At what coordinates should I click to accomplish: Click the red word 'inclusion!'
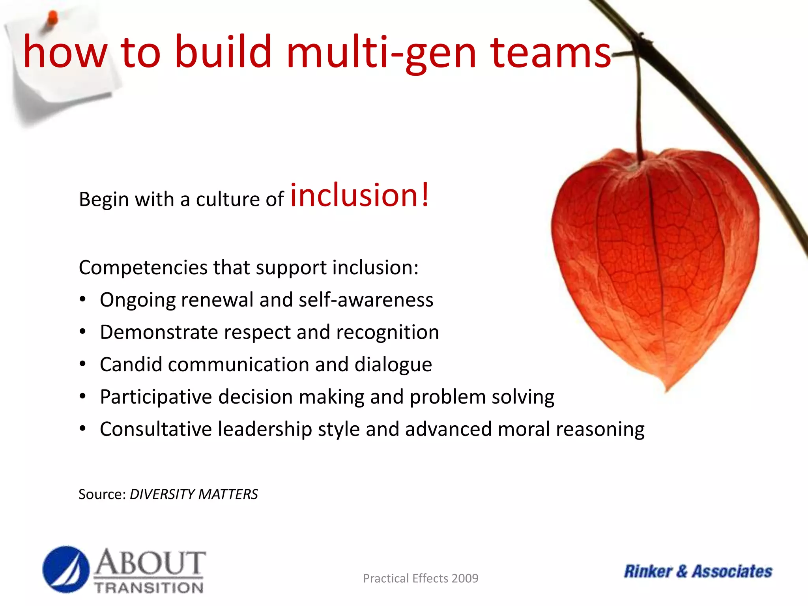pos(359,195)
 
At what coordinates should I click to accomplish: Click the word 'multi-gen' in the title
pos(381,52)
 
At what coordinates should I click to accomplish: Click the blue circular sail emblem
pos(66,569)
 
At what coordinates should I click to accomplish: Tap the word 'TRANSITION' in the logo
pos(149,588)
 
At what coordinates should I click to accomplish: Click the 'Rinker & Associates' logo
pos(698,571)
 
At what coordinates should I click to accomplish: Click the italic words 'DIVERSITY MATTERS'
pos(194,494)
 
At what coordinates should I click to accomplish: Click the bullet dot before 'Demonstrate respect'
pos(82,332)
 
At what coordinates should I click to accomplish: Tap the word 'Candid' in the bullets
pos(131,364)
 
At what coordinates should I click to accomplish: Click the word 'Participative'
pos(156,397)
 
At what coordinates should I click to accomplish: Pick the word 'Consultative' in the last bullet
pos(156,429)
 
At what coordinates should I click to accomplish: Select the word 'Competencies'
pos(143,267)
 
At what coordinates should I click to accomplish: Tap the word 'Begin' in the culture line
pos(104,199)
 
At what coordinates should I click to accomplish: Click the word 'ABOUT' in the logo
pos(150,563)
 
